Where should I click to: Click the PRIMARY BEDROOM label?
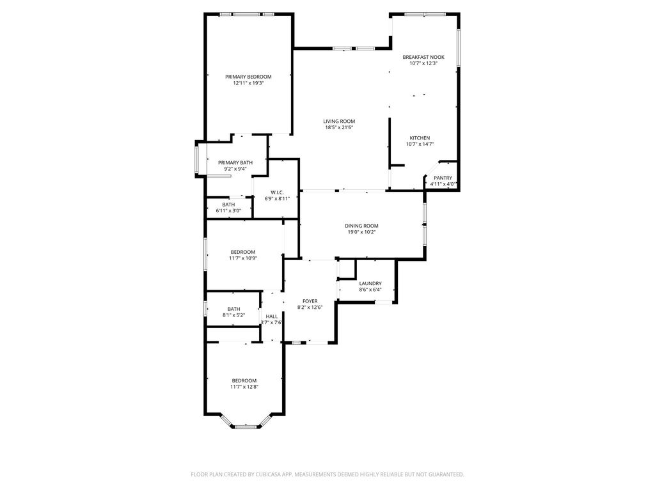click(248, 77)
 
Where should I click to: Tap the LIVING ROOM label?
click(339, 121)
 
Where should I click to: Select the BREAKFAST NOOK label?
click(423, 57)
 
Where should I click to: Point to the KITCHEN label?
click(420, 138)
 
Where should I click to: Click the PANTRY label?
click(443, 178)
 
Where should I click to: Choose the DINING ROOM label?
click(362, 226)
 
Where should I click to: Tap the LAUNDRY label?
click(370, 283)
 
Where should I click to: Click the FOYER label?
click(310, 301)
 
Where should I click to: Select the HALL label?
click(271, 316)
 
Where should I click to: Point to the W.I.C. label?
click(277, 192)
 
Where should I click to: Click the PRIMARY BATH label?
click(235, 163)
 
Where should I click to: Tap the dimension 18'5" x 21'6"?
click(340, 127)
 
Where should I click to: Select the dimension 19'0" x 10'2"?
click(362, 232)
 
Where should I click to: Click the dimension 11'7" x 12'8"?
click(244, 387)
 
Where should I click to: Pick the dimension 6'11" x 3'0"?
click(228, 211)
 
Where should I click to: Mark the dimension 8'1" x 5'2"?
click(234, 316)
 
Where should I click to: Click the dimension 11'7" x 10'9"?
click(243, 258)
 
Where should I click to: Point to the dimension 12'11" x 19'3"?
click(249, 83)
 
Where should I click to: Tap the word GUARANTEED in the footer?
click(446, 475)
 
